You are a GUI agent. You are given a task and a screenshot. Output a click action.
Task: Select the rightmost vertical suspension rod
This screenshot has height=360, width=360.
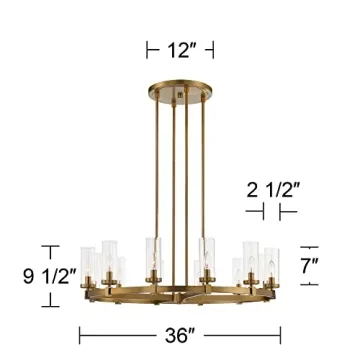coord(194,180)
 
